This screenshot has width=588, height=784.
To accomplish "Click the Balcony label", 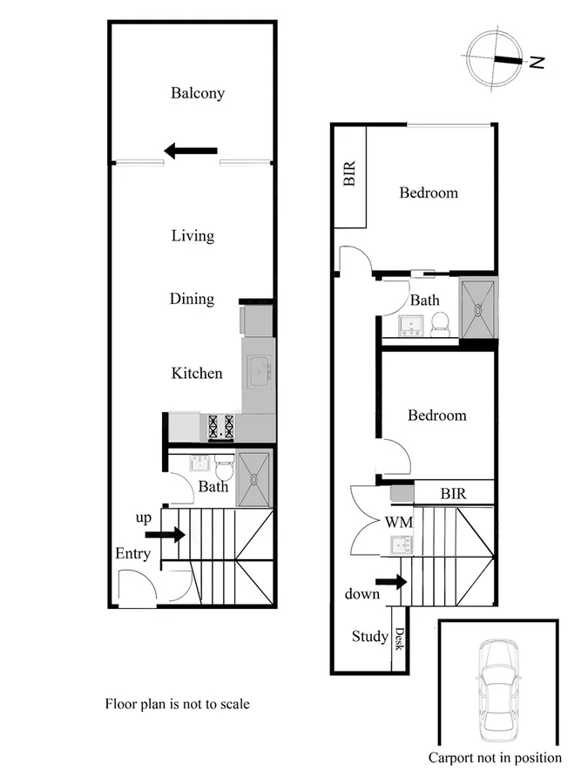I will [x=198, y=93].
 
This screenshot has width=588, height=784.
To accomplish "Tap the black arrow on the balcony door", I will [x=191, y=152].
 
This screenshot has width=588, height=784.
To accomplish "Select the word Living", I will [x=193, y=235].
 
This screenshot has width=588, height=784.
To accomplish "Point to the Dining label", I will [x=192, y=299].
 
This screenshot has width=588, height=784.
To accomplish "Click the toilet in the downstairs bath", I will [x=224, y=470].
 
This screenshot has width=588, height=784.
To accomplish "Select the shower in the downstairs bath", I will [x=255, y=478].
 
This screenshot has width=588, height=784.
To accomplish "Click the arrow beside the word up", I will [x=166, y=534].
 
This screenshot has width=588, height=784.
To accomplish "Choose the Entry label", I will [x=132, y=554].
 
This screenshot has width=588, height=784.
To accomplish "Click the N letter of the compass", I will [x=537, y=62].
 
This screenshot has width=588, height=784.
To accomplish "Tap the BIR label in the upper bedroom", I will [x=350, y=174].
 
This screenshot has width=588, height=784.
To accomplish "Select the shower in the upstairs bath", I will [x=478, y=307].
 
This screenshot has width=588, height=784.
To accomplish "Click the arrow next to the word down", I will [x=391, y=581].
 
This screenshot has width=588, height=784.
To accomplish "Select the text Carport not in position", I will [x=495, y=758].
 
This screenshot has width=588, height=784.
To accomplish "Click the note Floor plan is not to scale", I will [x=177, y=703].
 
